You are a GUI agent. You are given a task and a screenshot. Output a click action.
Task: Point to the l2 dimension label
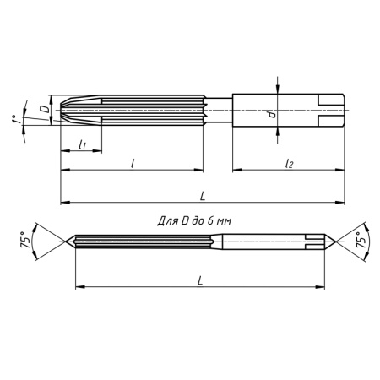coord(289,162)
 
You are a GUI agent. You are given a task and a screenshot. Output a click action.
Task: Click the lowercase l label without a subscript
coord(133,162)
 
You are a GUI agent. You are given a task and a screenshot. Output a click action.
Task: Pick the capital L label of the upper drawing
coord(203,195)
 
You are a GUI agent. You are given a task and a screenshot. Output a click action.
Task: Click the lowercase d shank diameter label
coord(271,115)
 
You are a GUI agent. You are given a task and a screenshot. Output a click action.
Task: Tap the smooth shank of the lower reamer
coord(270,242)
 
